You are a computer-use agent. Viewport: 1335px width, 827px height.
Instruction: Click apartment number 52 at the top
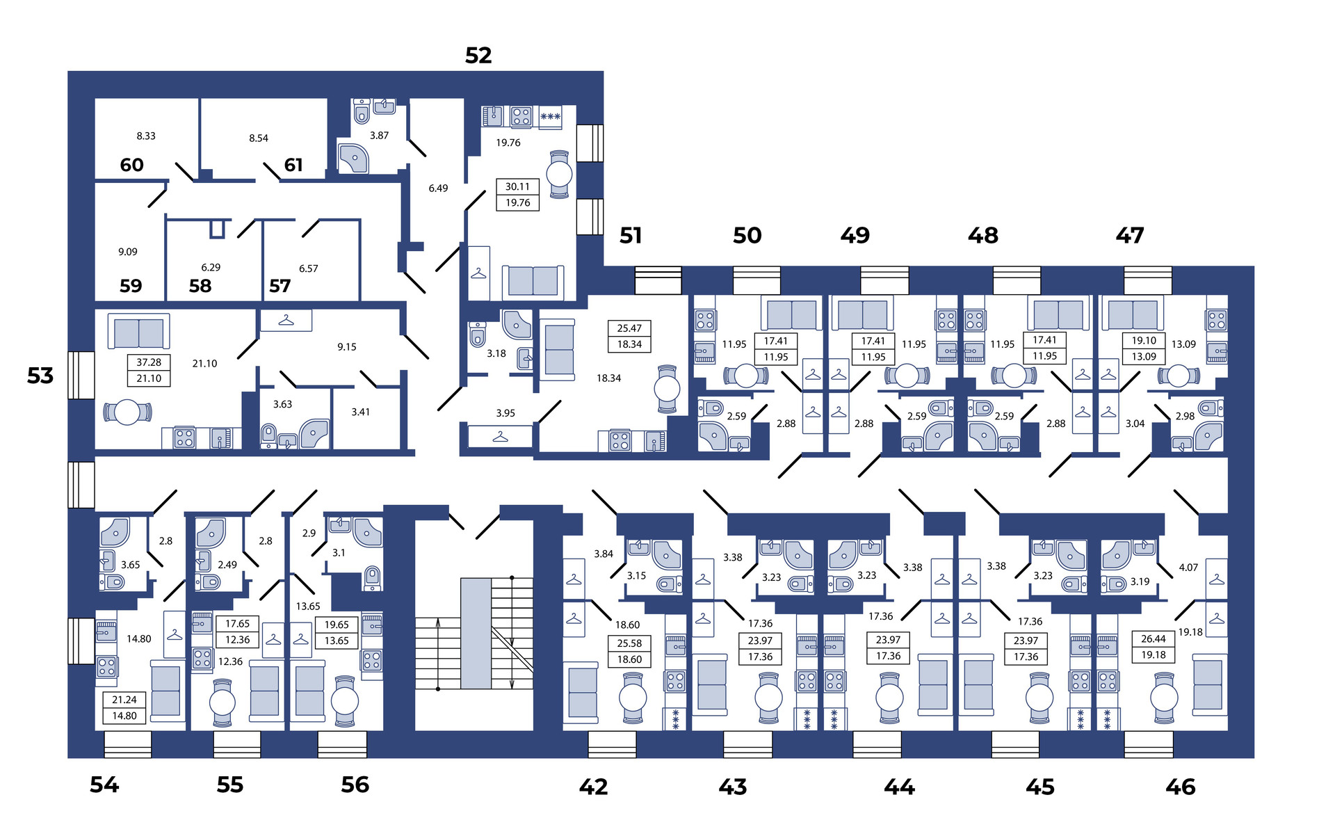[478, 56]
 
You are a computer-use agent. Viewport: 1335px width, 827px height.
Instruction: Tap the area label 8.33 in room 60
[146, 136]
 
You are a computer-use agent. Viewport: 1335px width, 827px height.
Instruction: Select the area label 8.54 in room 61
[259, 138]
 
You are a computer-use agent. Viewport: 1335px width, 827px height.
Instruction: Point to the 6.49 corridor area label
[438, 188]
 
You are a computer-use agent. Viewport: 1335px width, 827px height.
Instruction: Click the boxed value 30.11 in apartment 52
[517, 187]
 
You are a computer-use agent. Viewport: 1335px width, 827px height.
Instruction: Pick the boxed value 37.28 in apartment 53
[149, 362]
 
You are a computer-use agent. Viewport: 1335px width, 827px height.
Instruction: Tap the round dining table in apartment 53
[127, 412]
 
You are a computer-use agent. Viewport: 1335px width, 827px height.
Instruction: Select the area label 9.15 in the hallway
[347, 347]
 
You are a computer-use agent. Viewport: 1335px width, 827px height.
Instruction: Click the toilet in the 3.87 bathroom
[362, 111]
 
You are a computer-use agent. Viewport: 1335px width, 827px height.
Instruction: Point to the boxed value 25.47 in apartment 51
[629, 328]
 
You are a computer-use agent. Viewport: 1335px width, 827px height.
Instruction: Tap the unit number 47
[1129, 236]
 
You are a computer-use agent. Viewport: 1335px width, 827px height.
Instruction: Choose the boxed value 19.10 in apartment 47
[1144, 341]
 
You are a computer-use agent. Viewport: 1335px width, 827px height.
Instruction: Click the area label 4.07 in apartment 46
[1188, 568]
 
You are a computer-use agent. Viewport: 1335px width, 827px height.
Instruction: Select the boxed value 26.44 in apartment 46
[1154, 639]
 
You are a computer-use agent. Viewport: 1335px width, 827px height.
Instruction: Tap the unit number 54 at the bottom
[104, 785]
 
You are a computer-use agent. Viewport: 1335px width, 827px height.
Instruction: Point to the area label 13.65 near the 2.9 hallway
[308, 607]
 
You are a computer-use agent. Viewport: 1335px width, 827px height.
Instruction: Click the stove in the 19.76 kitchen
[521, 116]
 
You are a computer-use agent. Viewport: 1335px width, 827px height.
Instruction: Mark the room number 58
[200, 286]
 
